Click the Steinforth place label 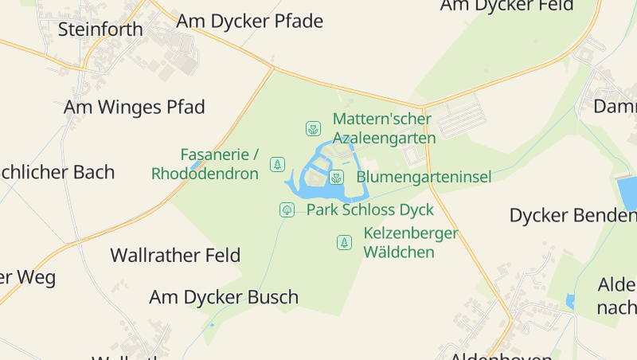point(100,29)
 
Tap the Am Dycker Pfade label point(250,21)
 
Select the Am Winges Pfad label point(135,107)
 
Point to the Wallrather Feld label point(175,256)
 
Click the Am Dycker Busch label point(224,297)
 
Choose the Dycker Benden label point(573,215)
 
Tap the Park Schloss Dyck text point(370,210)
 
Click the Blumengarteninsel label point(424,177)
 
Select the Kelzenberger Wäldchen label point(411,243)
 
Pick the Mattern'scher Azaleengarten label point(384,128)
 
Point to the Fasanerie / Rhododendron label point(205,164)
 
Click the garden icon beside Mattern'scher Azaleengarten point(313,128)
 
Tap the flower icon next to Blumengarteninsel point(336,177)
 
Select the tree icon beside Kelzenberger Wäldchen point(344,242)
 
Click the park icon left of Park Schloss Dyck point(286,210)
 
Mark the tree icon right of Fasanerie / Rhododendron point(277,164)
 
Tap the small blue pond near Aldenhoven point(569,301)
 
